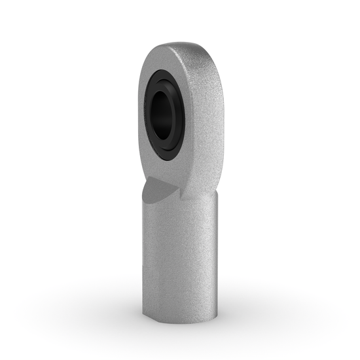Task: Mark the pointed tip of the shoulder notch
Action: pos(177,190)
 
